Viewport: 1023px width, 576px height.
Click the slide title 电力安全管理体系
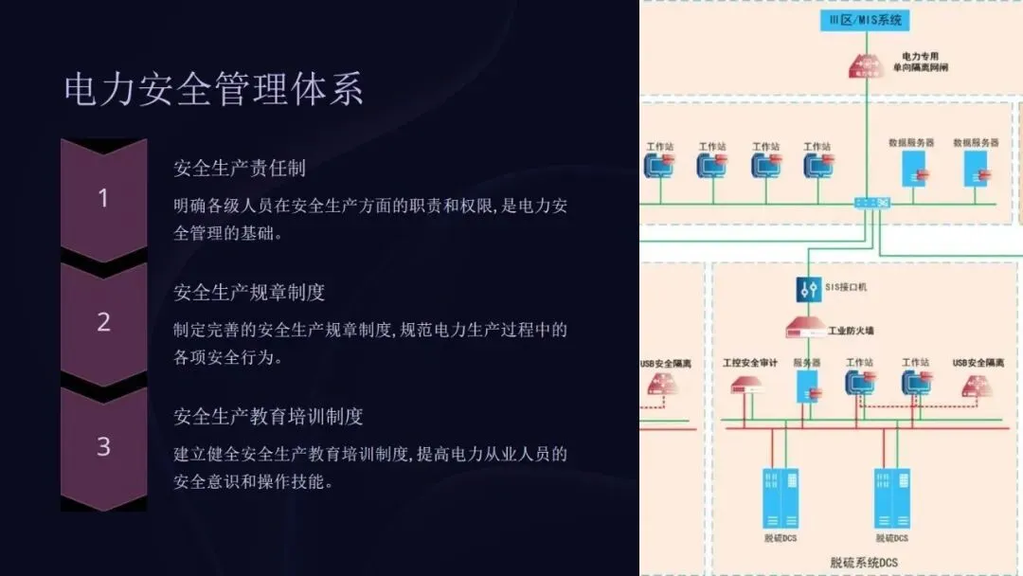(214, 90)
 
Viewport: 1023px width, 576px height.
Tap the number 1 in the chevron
(103, 199)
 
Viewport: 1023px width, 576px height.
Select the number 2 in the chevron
(103, 322)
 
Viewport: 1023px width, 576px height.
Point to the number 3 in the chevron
(103, 446)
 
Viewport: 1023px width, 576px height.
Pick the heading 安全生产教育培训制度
(268, 416)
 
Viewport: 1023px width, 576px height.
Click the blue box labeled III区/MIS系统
(865, 20)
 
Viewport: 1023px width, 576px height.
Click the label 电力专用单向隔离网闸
(920, 63)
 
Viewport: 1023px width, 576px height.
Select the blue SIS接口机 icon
(808, 289)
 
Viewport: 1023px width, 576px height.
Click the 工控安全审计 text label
(749, 363)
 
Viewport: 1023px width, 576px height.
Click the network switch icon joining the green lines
(870, 203)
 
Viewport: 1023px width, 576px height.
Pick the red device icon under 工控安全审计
(748, 385)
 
